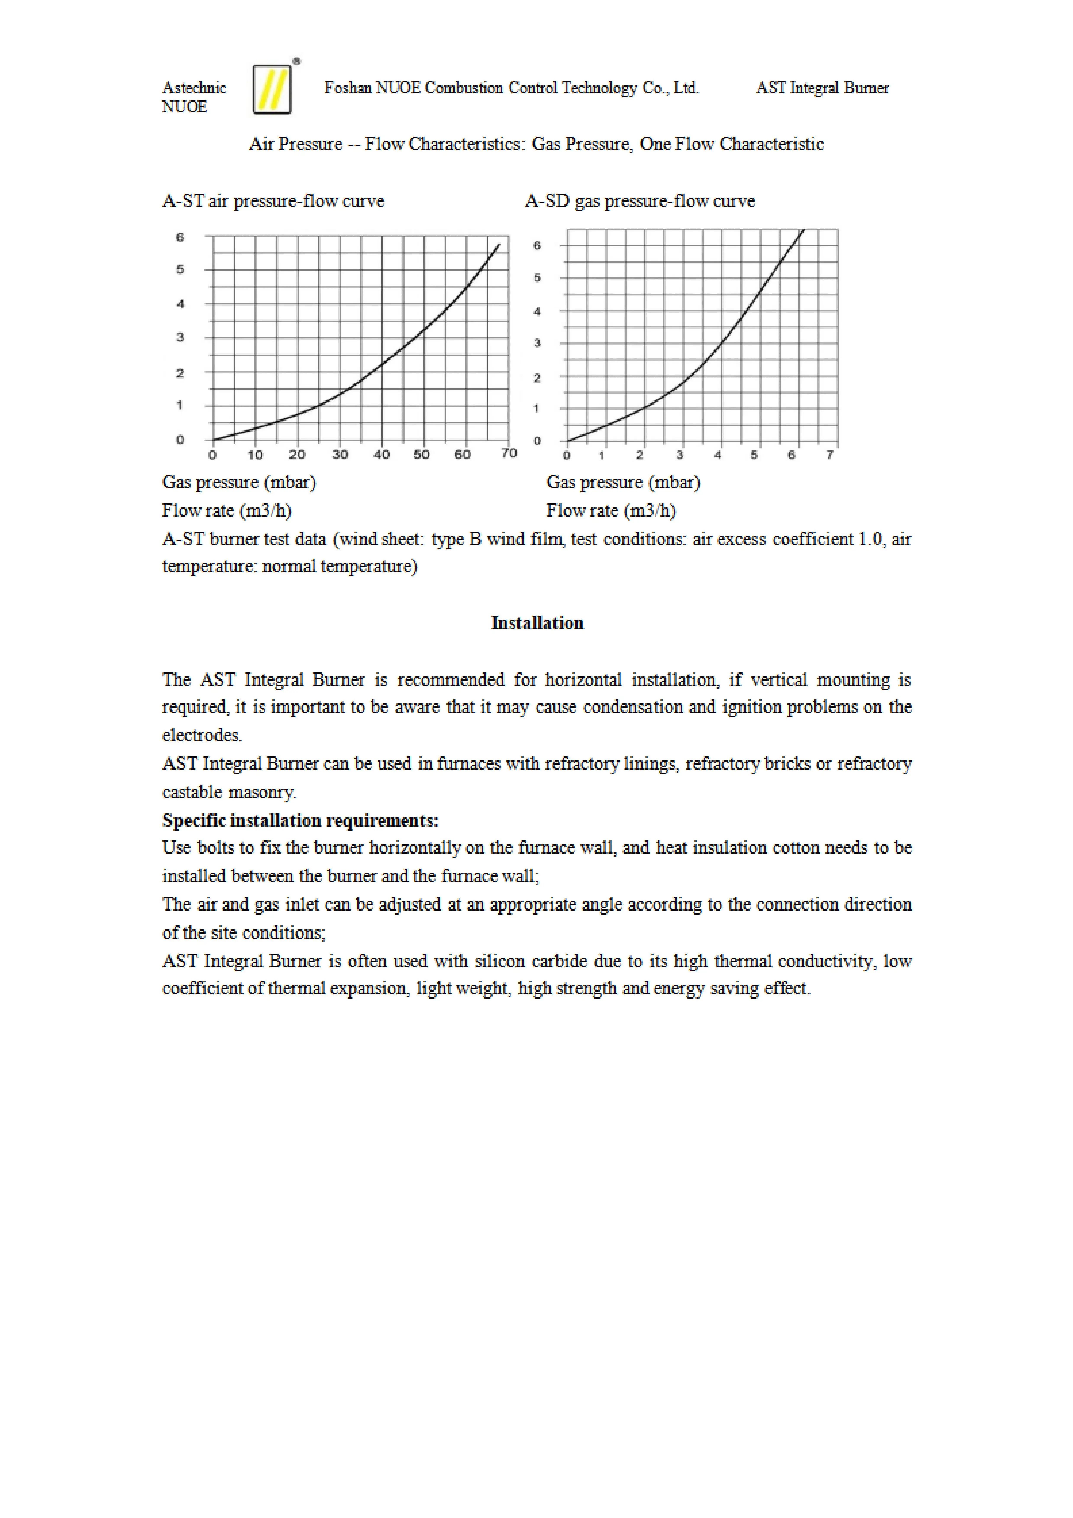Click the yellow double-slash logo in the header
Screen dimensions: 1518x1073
point(272,89)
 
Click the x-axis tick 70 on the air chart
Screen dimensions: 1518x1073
point(508,453)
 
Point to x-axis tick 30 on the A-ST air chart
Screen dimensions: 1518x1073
point(340,455)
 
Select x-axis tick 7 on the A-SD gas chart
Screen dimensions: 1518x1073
point(830,455)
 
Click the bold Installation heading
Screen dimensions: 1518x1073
point(537,623)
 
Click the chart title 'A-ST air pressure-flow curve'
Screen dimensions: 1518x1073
point(273,201)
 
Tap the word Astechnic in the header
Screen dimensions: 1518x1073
point(194,88)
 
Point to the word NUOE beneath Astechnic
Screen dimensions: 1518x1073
point(184,107)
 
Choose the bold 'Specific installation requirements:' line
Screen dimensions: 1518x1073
point(300,821)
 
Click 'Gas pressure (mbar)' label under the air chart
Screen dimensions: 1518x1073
point(239,482)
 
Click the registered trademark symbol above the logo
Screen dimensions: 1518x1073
point(296,61)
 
